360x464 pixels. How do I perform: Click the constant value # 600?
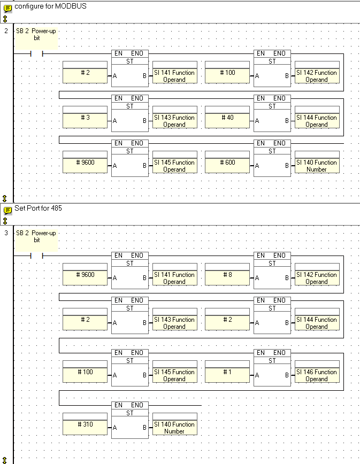tap(227, 163)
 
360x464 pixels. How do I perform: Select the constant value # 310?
tap(85, 424)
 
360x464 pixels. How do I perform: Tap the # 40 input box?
tap(227, 118)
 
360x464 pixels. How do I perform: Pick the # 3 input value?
tap(85, 118)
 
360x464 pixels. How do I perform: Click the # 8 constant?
tap(227, 275)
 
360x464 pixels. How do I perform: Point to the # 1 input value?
tap(227, 372)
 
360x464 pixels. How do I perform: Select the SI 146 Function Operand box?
tap(317, 375)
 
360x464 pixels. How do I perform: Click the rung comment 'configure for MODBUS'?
tap(50, 6)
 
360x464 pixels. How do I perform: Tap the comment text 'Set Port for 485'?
tap(38, 208)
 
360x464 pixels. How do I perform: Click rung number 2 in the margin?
tap(6, 30)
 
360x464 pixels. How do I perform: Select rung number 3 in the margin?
tap(6, 233)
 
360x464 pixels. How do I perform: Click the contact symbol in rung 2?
tap(37, 53)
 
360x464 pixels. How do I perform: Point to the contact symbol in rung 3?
tap(37, 256)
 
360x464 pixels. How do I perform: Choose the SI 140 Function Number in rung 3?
tap(174, 428)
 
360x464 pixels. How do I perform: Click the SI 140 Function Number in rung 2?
tap(317, 166)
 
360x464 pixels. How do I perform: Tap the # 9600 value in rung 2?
tap(85, 163)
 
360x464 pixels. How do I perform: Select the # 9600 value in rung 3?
tap(85, 275)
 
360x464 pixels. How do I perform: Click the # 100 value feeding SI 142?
tap(227, 73)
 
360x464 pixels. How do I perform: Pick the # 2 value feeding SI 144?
tap(227, 320)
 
